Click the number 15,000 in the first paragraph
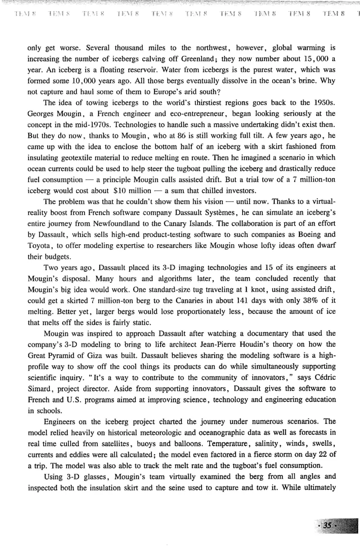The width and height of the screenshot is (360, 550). click(315, 59)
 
